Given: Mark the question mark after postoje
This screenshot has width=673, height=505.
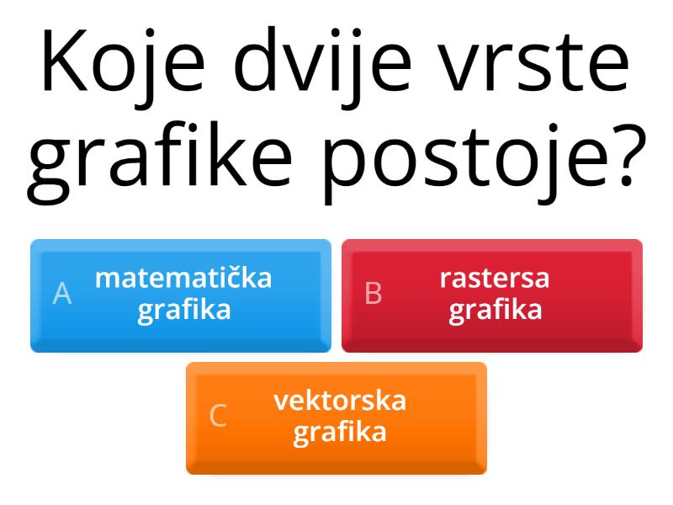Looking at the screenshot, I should pos(626,156).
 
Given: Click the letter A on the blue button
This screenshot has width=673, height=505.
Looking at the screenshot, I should pos(62,293).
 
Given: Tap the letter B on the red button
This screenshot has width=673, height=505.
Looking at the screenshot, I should pos(374,293).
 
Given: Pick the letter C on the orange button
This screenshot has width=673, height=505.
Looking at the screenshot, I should pos(218,416).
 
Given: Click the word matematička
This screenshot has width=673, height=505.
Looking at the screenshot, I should pos(183,278).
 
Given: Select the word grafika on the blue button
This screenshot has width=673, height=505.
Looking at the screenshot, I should pos(184,310).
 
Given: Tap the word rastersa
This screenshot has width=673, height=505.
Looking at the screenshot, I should pos(495,278).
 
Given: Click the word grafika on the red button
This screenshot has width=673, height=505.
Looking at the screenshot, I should pos(495,310).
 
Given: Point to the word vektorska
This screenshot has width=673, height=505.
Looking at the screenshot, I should pos(340,401).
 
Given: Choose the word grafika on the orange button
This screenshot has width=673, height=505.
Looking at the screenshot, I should pos(340,433).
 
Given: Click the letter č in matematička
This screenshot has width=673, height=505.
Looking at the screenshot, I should pos(241,278).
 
